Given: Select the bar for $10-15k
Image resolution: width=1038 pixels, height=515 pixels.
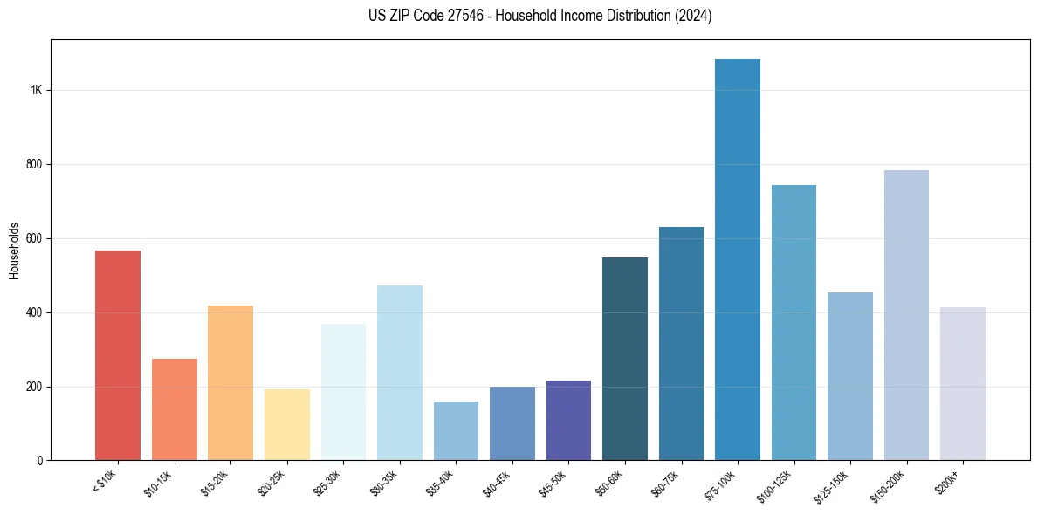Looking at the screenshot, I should point(174,409).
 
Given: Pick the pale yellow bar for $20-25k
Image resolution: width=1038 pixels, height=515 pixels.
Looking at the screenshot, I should point(286,424).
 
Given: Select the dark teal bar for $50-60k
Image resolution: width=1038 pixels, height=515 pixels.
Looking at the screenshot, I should point(625,359).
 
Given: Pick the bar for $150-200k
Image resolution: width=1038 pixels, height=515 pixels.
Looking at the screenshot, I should point(906,315).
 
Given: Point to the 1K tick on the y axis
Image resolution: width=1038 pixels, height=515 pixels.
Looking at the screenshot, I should point(37,90).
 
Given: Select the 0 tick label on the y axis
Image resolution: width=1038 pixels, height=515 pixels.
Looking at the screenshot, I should point(40,460).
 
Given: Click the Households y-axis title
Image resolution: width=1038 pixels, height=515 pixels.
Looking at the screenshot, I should point(14,250).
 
